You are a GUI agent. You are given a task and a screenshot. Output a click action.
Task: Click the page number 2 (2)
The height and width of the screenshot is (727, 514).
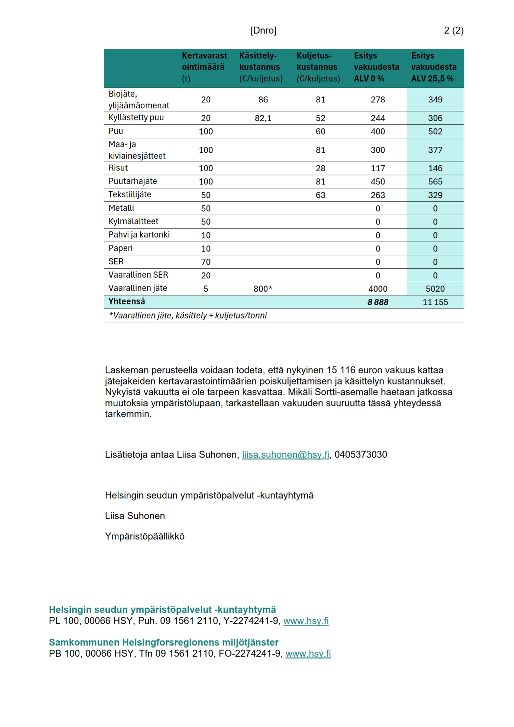pos(453,30)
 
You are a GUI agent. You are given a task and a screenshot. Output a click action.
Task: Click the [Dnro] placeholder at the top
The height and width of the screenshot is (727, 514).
pos(263,30)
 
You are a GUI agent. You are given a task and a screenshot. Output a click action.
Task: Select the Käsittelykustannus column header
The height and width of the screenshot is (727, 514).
pos(261,67)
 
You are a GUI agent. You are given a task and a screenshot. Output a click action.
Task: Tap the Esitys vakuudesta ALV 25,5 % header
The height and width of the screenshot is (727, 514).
pos(434,67)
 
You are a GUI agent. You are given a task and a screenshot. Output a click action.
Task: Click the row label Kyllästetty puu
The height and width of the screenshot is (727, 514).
pos(136,117)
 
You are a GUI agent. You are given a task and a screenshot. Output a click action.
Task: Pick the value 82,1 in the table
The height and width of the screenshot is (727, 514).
pos(263,118)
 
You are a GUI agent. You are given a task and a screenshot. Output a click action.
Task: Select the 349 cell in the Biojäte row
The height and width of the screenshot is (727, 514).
pos(435,100)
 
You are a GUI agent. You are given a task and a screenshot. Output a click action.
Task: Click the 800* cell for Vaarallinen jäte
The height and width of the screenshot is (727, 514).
pos(263,289)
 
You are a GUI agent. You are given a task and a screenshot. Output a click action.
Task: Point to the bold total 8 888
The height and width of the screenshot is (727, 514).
pos(377,302)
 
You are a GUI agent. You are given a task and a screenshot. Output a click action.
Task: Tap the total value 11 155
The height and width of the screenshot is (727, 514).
pos(435,302)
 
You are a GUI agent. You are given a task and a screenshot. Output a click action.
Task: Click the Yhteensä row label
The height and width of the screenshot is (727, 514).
pos(127,302)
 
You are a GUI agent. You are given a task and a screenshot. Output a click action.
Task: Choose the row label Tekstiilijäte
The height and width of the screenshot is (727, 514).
pos(130,194)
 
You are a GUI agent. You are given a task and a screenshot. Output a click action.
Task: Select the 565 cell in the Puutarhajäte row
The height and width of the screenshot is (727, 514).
pos(435,181)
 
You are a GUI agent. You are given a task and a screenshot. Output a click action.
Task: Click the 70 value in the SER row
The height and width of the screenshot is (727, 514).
pos(206,262)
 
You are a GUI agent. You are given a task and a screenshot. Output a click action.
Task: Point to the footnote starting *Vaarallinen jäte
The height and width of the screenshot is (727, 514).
pos(188,315)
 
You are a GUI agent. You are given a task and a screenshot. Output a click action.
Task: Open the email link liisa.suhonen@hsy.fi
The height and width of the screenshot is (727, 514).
pos(285,455)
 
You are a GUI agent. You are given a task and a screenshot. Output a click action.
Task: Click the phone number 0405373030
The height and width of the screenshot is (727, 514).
pos(361,455)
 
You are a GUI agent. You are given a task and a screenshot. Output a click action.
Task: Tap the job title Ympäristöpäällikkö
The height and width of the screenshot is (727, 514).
pos(144,536)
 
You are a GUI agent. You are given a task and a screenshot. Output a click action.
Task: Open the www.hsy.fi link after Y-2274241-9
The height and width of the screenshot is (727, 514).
pos(306,621)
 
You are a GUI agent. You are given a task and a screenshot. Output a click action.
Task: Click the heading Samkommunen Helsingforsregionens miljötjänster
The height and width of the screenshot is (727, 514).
pos(164,642)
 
